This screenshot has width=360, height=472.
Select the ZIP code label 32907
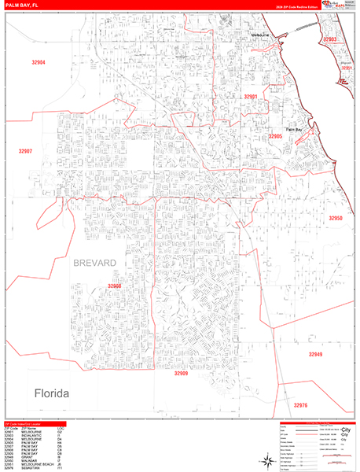[26, 150]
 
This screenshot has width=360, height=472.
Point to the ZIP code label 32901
[251, 96]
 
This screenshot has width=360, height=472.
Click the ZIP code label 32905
[274, 136]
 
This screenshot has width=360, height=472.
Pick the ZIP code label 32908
[115, 286]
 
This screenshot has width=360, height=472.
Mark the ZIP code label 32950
[336, 218]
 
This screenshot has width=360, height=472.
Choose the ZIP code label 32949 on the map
[314, 355]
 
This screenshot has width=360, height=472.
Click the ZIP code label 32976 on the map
[301, 405]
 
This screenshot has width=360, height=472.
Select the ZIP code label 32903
[330, 39]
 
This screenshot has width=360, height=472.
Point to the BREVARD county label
[95, 261]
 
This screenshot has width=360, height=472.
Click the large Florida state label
[51, 393]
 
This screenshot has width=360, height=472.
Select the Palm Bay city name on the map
[293, 128]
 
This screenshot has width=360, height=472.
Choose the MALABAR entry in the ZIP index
[28, 459]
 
